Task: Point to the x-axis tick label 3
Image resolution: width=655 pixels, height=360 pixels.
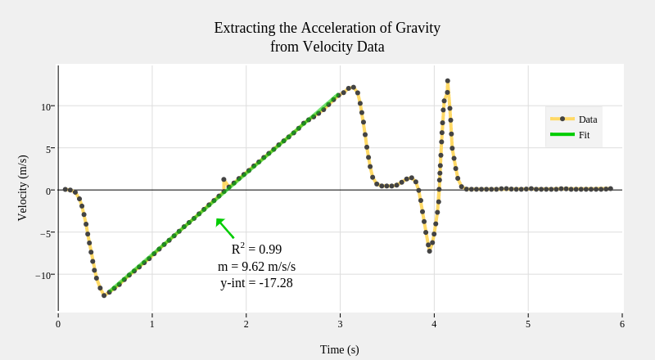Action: (340, 324)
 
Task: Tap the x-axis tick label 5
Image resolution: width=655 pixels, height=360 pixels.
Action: (528, 324)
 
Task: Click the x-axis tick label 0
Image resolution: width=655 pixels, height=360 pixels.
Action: (58, 324)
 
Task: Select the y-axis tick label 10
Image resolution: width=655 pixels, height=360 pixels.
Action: (47, 106)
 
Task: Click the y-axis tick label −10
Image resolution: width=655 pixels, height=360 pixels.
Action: (44, 275)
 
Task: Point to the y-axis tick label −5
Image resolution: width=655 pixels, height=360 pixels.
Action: (46, 233)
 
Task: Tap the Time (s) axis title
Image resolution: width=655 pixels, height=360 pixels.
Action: (339, 349)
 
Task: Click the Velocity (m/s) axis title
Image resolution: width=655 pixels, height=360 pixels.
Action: (22, 187)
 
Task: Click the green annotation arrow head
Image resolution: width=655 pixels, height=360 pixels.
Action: (219, 221)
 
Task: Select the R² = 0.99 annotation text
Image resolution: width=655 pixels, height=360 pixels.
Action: (256, 250)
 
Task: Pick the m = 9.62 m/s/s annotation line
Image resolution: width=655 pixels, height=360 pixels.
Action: (256, 267)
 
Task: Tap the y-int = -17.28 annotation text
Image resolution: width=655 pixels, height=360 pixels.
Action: (256, 283)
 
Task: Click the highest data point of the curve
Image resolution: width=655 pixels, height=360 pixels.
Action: (448, 81)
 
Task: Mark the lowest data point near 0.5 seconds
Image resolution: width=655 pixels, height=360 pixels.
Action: (104, 295)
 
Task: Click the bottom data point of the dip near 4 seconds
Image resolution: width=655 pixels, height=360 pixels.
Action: (429, 250)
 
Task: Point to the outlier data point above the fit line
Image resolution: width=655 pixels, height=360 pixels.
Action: (224, 179)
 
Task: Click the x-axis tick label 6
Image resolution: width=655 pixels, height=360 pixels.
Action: (622, 324)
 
